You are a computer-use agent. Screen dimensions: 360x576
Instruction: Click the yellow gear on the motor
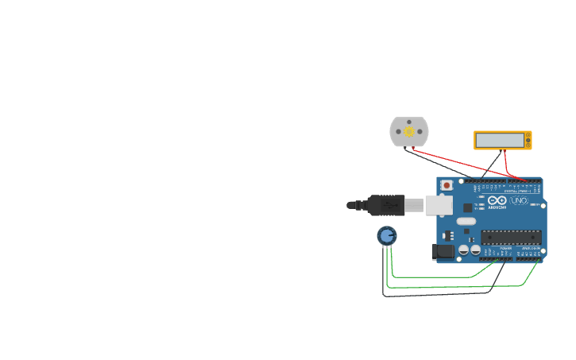click(x=409, y=131)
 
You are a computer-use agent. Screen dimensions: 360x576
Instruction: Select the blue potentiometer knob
click(x=387, y=235)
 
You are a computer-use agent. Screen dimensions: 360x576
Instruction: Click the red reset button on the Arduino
click(x=446, y=185)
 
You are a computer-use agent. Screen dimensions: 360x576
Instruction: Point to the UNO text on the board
click(x=519, y=201)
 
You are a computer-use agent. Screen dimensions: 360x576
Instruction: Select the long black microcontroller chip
click(x=511, y=235)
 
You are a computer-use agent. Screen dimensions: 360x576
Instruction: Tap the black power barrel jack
click(x=443, y=252)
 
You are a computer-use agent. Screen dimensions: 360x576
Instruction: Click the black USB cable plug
click(x=385, y=205)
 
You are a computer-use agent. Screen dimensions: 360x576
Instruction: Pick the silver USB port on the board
click(x=439, y=205)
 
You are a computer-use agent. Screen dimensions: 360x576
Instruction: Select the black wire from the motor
click(x=437, y=163)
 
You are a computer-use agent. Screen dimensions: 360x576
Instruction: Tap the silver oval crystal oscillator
click(x=466, y=222)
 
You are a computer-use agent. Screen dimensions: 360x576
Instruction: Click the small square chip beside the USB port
click(x=467, y=207)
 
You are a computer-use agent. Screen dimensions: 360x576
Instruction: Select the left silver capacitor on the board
click(x=463, y=250)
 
